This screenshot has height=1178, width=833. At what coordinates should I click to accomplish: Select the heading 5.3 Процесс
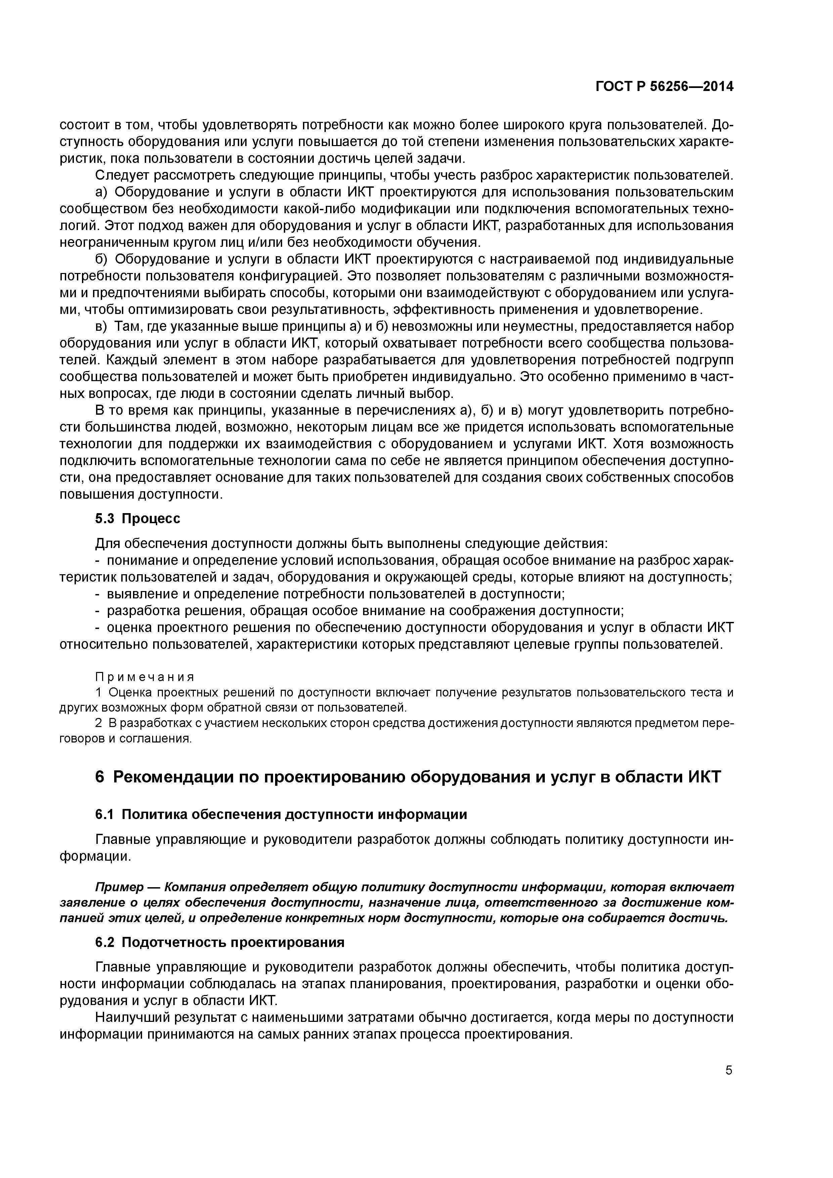pos(138,519)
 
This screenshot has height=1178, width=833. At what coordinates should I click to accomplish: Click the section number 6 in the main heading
pos(100,777)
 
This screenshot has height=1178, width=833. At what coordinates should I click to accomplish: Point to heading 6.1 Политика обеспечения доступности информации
pos(281,814)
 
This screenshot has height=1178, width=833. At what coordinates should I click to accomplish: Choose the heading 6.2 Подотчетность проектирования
pos(220,943)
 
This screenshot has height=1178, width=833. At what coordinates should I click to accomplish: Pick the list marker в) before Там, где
pos(101,326)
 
